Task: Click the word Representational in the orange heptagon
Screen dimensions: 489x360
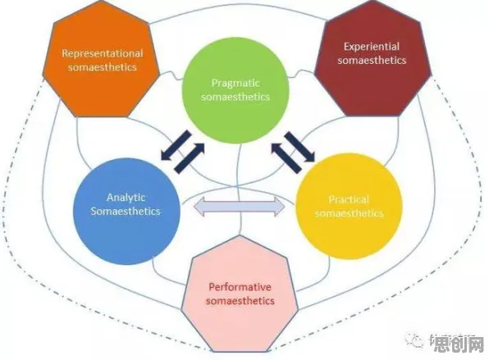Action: [103, 53]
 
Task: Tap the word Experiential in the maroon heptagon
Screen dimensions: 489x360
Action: [372, 47]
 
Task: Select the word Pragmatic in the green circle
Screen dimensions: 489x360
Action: [235, 84]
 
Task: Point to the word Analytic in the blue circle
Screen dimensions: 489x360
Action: [126, 198]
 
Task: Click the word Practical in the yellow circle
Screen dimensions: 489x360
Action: [349, 200]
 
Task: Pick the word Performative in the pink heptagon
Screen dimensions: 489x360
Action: [240, 287]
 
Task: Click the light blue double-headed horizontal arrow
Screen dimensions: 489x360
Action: [240, 206]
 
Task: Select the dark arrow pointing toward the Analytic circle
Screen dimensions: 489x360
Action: [176, 146]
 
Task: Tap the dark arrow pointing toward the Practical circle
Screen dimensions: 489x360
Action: [299, 147]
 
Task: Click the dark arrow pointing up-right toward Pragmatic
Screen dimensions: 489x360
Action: [190, 158]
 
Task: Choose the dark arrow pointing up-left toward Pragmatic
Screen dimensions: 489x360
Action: [287, 158]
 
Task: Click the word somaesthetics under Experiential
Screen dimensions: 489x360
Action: [372, 60]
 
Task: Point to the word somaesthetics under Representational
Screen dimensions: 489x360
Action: [103, 67]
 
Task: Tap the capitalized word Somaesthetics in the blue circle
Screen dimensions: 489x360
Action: [126, 212]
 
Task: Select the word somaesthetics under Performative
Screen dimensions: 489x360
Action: [240, 301]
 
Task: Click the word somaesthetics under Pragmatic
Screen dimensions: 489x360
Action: [235, 97]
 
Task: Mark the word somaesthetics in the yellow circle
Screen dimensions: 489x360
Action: [349, 213]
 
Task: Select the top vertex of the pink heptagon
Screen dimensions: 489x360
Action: [240, 235]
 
